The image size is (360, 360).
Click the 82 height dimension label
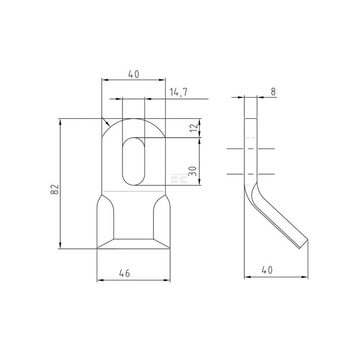tap(54, 189)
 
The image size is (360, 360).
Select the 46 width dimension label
tap(125, 273)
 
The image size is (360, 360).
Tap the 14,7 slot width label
tap(178, 92)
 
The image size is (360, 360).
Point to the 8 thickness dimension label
tap(273, 92)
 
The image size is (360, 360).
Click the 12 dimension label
tap(194, 127)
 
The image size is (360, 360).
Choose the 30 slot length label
tap(193, 171)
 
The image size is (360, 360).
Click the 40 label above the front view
tap(133, 74)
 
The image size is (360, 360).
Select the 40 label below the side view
tap(267, 270)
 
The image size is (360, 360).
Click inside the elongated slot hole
tap(133, 162)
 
